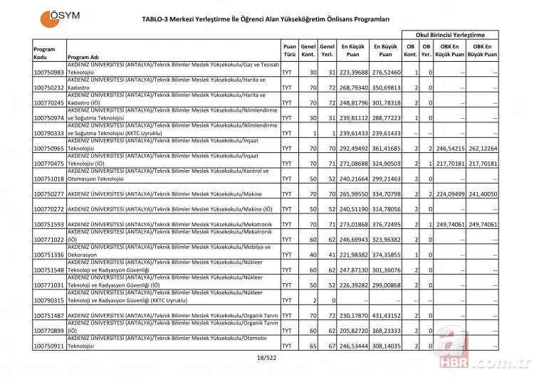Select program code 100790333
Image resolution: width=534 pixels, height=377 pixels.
pos(49,133)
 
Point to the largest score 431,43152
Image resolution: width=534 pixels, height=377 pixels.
pos(386,315)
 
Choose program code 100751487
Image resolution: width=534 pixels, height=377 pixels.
pos(49,315)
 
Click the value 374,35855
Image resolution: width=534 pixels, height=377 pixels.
pos(386,255)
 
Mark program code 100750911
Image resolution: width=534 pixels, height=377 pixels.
pos(49,346)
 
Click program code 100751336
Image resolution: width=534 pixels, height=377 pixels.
pos(49,255)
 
